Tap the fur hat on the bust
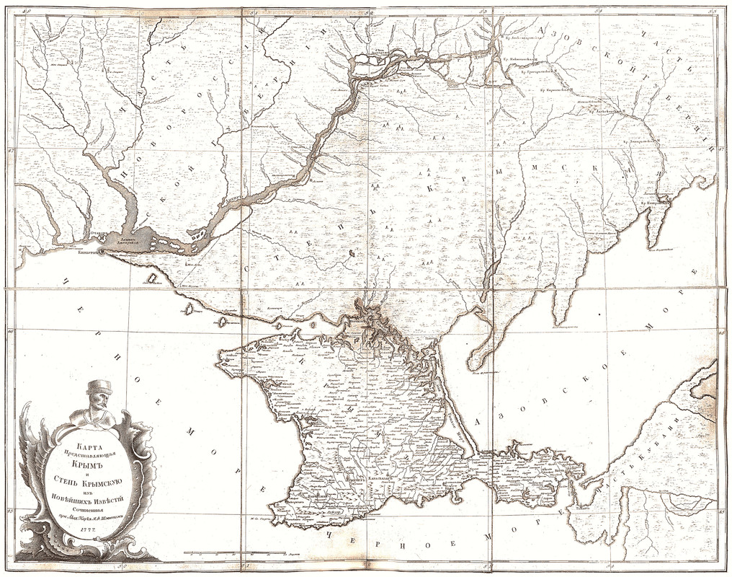99,387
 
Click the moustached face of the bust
99,401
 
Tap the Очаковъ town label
90,234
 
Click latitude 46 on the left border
9,331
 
